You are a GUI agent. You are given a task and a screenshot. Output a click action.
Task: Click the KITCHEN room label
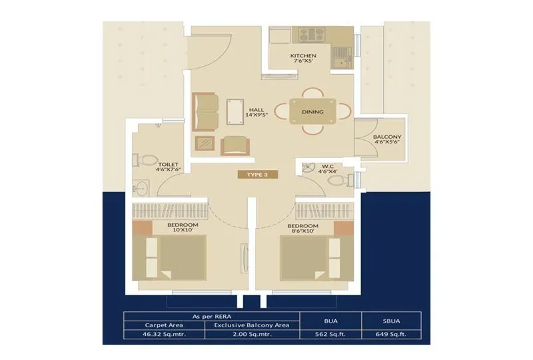coord(303,56)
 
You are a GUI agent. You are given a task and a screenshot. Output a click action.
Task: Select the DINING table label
coord(312,112)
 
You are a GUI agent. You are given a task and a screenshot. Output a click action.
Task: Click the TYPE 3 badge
coord(257,175)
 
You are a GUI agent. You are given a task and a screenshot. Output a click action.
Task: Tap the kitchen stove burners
coord(309,35)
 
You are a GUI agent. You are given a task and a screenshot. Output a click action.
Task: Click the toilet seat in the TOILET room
coord(147,160)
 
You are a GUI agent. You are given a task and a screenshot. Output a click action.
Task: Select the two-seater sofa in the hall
coord(205,111)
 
